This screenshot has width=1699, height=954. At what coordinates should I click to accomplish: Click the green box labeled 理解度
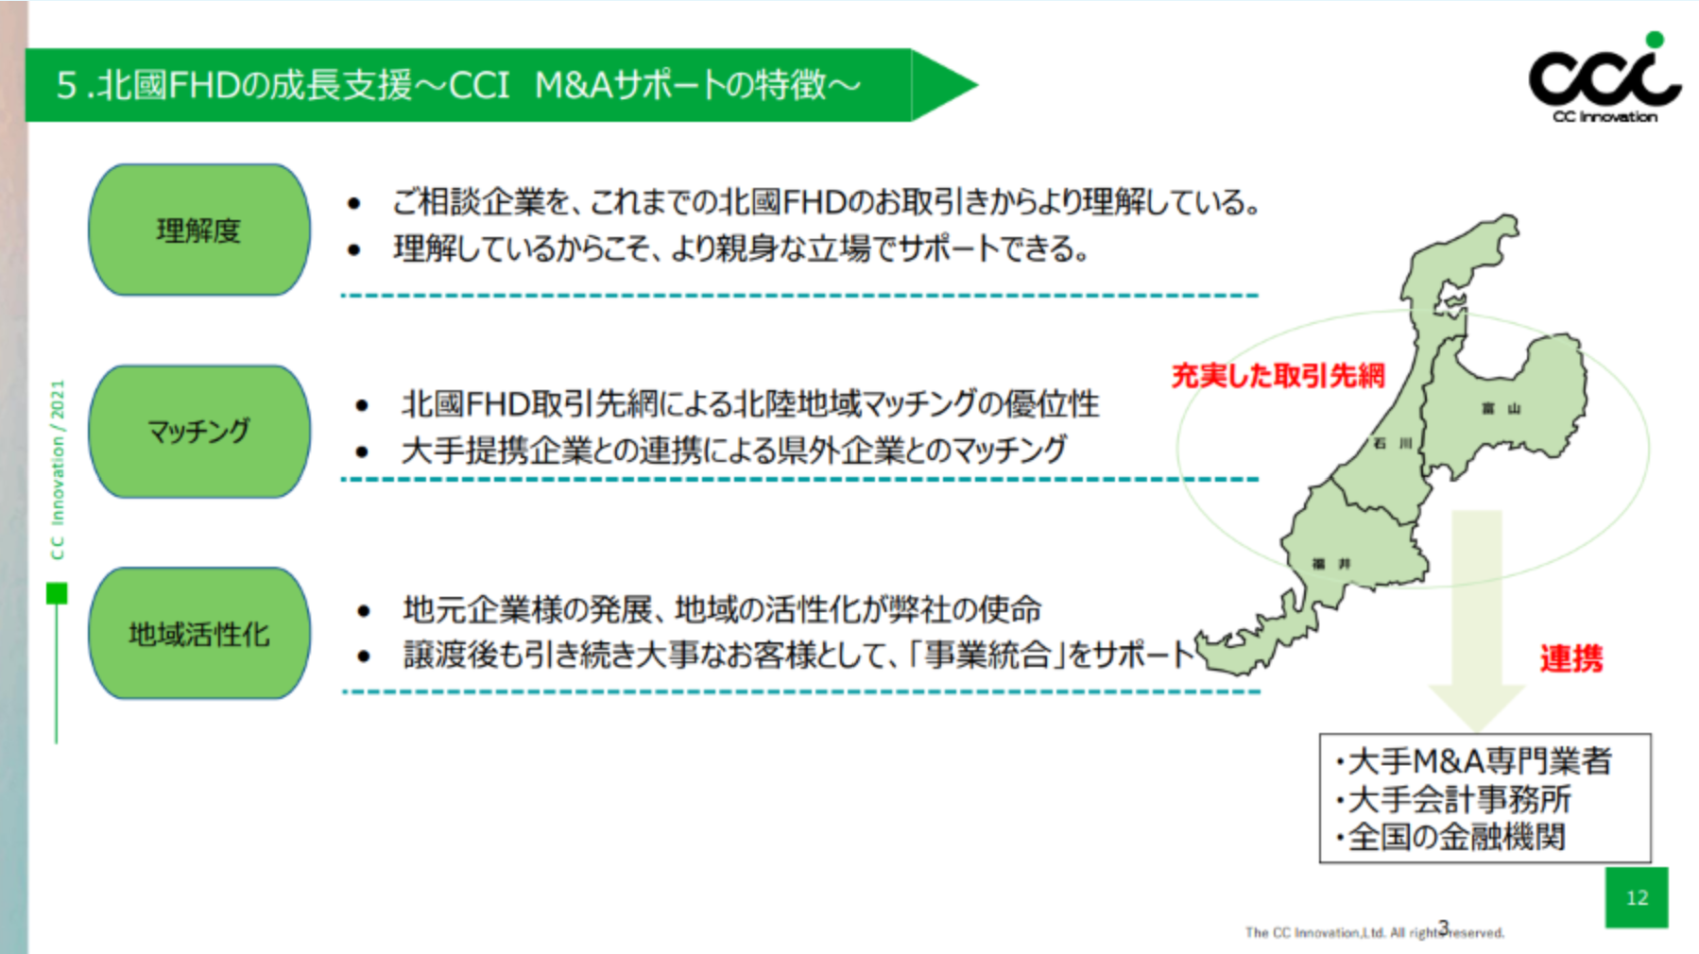pyautogui.click(x=199, y=230)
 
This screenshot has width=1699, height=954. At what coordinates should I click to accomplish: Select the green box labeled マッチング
pyautogui.click(x=199, y=432)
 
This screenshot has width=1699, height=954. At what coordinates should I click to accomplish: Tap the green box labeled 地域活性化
pyautogui.click(x=199, y=634)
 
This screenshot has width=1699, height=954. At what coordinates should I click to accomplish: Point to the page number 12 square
pyautogui.click(x=1637, y=897)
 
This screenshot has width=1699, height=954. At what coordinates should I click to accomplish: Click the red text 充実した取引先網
pyautogui.click(x=1278, y=376)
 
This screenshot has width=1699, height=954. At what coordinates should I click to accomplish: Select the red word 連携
pyautogui.click(x=1570, y=658)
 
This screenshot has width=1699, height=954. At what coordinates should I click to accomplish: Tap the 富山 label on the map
pyautogui.click(x=1502, y=408)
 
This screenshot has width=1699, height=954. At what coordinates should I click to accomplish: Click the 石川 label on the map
pyautogui.click(x=1393, y=443)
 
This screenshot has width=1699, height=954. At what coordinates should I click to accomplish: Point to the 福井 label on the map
pyautogui.click(x=1331, y=564)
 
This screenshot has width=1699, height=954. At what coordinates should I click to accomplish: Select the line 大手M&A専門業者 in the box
pyautogui.click(x=1474, y=761)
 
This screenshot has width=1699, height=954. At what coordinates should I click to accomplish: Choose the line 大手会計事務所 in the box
pyautogui.click(x=1453, y=799)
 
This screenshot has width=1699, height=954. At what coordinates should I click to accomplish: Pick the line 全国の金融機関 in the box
pyautogui.click(x=1450, y=837)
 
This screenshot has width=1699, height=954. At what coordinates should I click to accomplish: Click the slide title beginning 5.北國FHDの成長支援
pyautogui.click(x=458, y=85)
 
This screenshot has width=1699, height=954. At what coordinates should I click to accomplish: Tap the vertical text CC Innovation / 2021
pyautogui.click(x=58, y=469)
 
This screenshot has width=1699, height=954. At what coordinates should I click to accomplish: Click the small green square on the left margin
pyautogui.click(x=57, y=593)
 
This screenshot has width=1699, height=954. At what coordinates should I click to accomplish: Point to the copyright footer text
pyautogui.click(x=1374, y=932)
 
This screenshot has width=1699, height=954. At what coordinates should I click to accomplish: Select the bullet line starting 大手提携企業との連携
pyautogui.click(x=734, y=450)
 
